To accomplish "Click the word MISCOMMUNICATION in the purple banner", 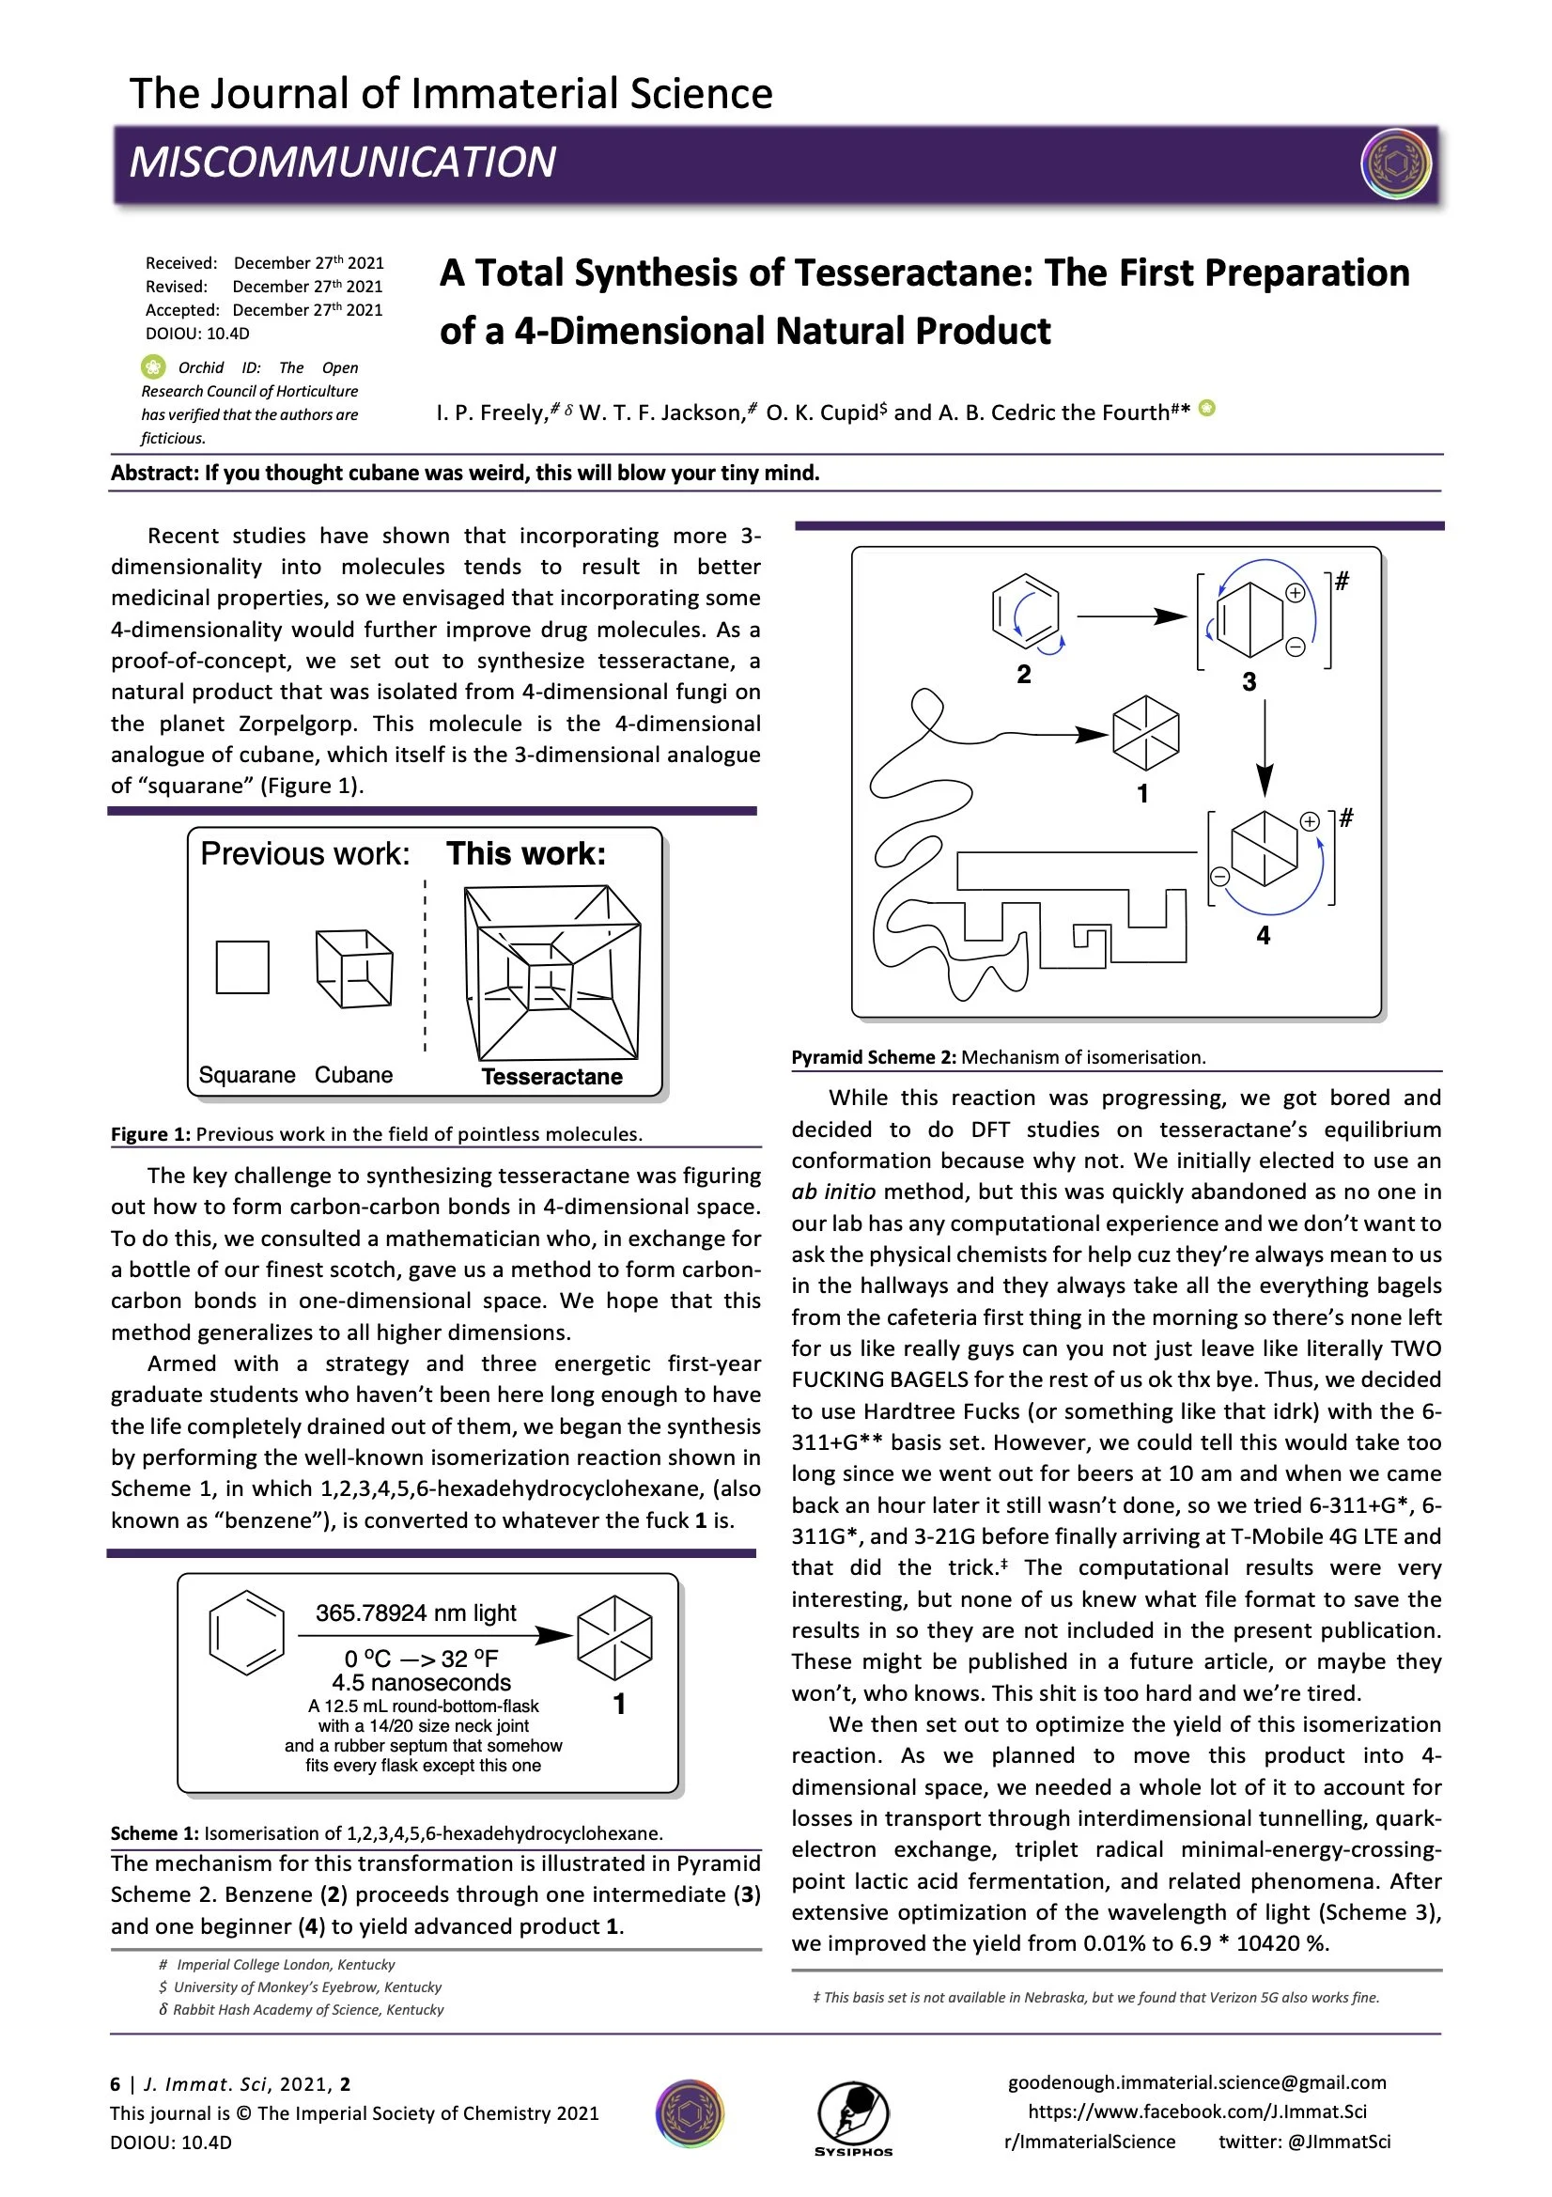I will coord(343,162).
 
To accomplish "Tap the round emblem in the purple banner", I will coord(1395,164).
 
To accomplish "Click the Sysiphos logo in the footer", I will coord(852,2117).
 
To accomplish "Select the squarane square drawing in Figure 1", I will coord(242,967).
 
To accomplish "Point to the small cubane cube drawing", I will coord(354,969).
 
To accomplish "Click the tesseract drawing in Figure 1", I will coord(552,973).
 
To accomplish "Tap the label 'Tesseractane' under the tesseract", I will coord(552,1077).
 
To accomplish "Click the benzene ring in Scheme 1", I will coord(247,1632).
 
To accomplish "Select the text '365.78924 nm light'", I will coord(416,1613).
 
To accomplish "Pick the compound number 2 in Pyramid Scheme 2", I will coord(1024,675).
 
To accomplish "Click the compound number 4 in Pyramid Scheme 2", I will coord(1263,935).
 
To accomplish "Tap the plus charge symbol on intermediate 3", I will coord(1295,593).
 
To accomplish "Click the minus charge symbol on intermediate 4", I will coord(1220,876).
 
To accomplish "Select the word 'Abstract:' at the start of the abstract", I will coord(154,473).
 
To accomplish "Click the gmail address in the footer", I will coord(1196,2082).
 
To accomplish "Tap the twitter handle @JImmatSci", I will coord(1338,2142).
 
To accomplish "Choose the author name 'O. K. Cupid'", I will coord(826,413).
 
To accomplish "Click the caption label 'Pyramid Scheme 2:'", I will coord(874,1057).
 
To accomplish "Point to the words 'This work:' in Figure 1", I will coord(525,853).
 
